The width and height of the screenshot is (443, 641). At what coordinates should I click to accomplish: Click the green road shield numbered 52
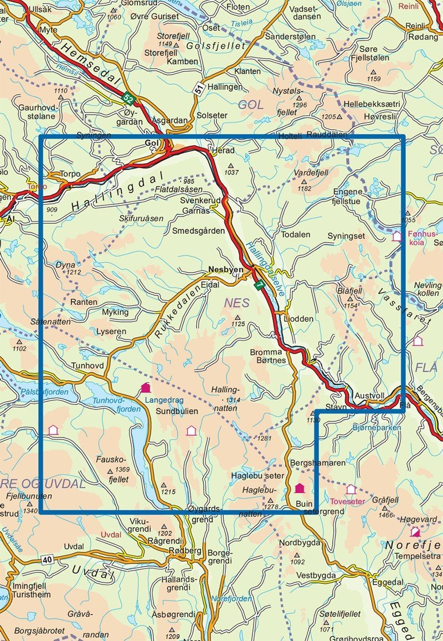(x=129, y=99)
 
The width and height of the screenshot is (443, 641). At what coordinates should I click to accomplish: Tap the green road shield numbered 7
(x=258, y=284)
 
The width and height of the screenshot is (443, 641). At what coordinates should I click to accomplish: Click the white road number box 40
(x=47, y=560)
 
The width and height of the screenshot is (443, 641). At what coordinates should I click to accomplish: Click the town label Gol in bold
(x=151, y=143)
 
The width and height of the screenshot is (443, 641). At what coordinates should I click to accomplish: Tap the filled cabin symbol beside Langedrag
(x=146, y=388)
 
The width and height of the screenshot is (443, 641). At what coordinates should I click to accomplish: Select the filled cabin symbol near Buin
(x=300, y=488)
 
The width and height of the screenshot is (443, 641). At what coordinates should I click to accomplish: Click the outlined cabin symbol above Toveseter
(x=351, y=489)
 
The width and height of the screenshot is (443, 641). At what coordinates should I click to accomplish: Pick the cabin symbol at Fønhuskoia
(x=396, y=237)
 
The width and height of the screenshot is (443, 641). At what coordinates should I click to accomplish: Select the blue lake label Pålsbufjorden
(x=44, y=392)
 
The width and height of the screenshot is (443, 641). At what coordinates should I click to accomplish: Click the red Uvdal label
(x=110, y=535)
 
